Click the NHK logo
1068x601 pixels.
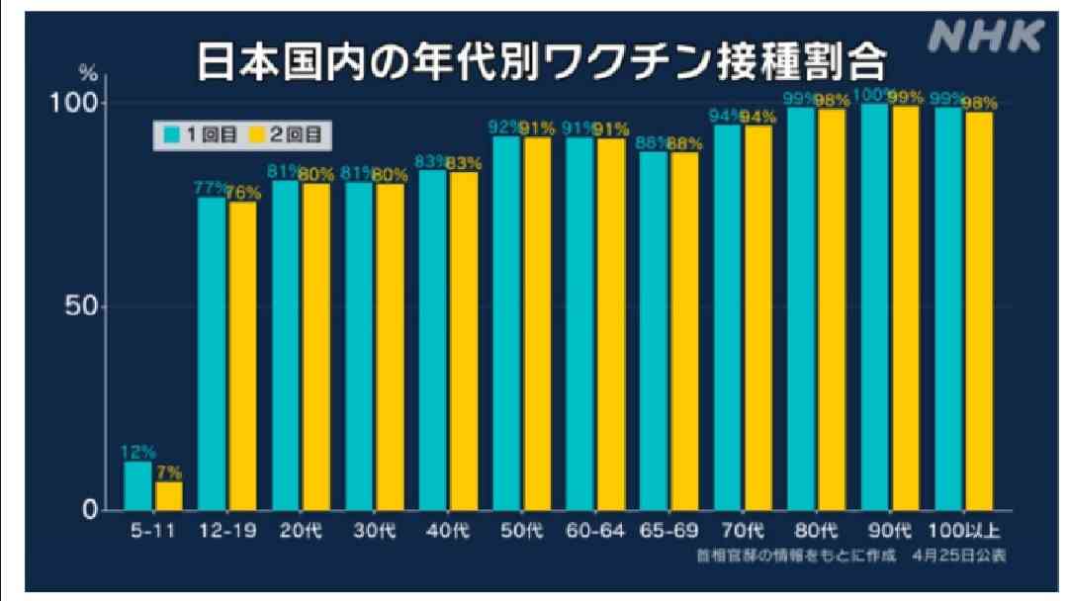tap(985, 37)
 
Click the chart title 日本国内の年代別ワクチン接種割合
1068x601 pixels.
tap(540, 62)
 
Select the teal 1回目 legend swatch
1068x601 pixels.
tap(170, 131)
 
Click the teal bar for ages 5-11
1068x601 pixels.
tap(138, 485)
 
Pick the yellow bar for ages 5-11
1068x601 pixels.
tap(168, 495)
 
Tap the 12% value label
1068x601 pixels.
tap(136, 452)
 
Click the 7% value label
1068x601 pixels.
tap(169, 472)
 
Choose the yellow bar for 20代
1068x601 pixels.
tap(315, 346)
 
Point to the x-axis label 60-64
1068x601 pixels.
tap(595, 531)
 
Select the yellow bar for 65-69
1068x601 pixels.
tap(684, 330)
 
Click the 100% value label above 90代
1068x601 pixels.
tap(874, 95)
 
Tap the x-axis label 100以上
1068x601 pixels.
tap(963, 531)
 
